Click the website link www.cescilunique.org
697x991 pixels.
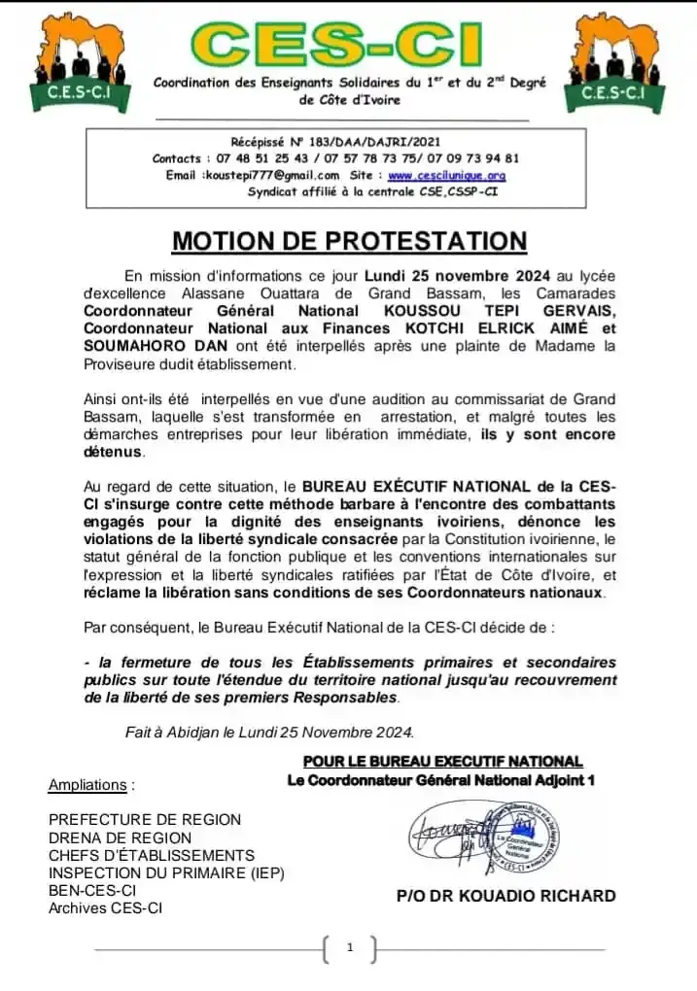(447, 175)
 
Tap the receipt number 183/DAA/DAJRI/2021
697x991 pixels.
(365, 142)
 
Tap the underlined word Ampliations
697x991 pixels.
(87, 784)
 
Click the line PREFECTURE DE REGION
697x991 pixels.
(145, 820)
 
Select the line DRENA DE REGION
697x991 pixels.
(121, 837)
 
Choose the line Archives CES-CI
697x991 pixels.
(106, 908)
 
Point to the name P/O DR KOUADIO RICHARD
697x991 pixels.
(505, 896)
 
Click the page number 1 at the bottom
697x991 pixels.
(348, 947)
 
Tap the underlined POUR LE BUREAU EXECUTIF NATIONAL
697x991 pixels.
(442, 762)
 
